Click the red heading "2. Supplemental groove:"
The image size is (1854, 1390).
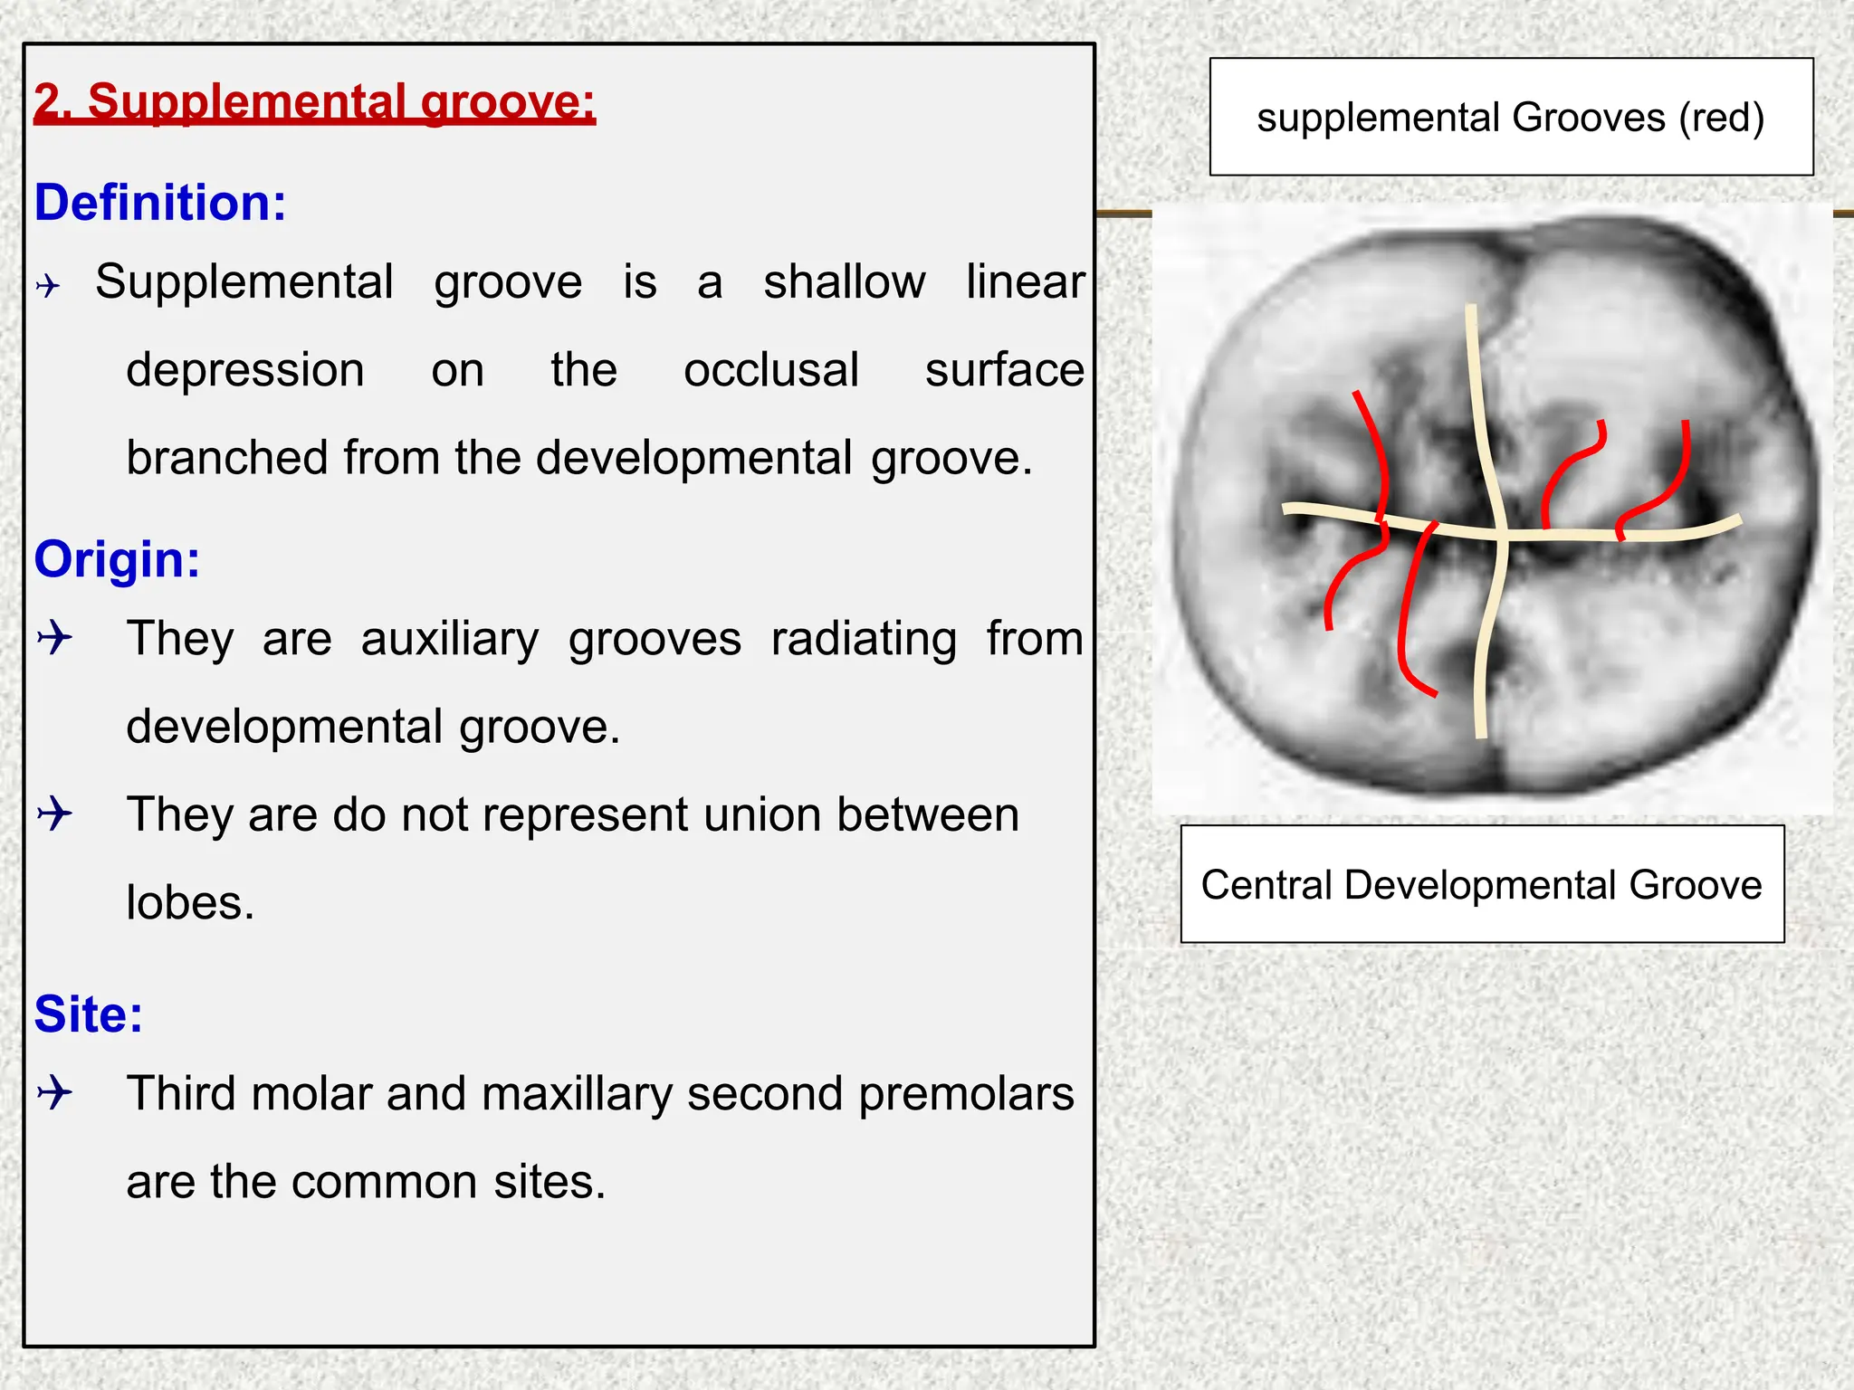pos(314,101)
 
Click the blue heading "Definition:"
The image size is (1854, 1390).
pos(160,203)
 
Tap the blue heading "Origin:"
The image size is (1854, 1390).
pos(117,559)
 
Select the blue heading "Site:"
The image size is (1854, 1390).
pos(89,1014)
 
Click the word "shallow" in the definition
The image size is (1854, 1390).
pos(844,282)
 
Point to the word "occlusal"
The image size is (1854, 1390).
pos(770,370)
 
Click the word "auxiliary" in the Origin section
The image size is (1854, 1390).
pos(449,639)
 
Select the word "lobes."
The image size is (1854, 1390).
pos(190,903)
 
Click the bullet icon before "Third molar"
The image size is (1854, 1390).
pos(54,1092)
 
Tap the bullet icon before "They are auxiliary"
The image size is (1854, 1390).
pos(54,637)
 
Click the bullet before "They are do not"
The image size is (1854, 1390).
pos(54,813)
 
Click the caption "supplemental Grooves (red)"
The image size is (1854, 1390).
pos(1510,118)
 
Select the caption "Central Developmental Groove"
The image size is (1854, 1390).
pos(1481,885)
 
